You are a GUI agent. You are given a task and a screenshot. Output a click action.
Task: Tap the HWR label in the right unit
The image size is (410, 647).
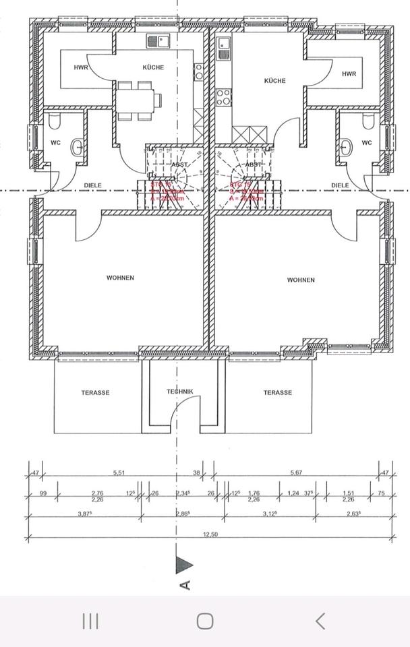(348, 73)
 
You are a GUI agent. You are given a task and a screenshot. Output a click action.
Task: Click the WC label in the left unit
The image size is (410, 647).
(55, 142)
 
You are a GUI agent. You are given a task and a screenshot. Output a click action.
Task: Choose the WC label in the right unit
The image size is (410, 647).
(366, 142)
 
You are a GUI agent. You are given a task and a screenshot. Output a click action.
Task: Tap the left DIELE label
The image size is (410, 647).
(92, 184)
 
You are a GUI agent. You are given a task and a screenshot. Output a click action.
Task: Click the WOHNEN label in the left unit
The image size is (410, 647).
(120, 277)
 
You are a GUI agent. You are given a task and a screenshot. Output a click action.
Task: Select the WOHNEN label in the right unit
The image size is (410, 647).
(300, 279)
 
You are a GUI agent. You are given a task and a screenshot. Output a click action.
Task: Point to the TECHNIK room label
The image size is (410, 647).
(180, 391)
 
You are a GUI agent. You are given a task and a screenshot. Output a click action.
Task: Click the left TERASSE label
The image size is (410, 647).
(95, 392)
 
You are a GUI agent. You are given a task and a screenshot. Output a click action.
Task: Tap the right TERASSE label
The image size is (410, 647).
(277, 392)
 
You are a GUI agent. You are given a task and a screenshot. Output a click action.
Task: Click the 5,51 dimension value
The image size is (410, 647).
(119, 472)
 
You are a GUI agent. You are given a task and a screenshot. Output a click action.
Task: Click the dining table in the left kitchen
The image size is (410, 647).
(136, 99)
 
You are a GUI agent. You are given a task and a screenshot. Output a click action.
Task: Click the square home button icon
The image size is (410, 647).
(205, 621)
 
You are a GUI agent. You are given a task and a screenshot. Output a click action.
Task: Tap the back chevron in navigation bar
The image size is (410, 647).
(320, 621)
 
